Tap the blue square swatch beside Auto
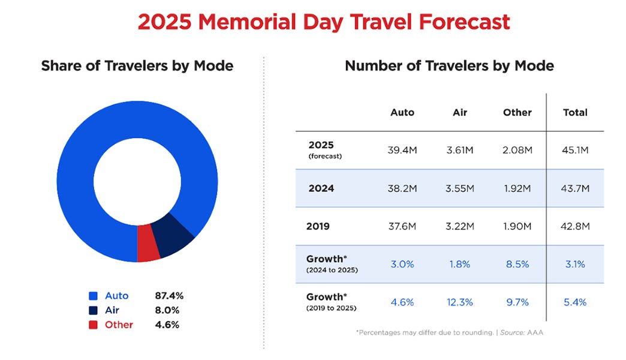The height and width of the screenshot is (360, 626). pos(93,296)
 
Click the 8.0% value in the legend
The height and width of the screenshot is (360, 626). pos(167,310)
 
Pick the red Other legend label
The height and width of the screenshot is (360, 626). pos(119,325)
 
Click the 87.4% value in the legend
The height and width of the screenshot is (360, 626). pos(168,296)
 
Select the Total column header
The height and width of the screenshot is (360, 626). pos(575,112)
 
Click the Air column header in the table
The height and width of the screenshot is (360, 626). pos(459,112)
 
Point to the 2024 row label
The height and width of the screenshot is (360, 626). pos(321,188)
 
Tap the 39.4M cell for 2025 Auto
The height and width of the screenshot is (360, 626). pos(402,150)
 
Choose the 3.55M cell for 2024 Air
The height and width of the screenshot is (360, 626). pos(459,188)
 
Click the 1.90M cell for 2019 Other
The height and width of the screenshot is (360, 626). pos(517,226)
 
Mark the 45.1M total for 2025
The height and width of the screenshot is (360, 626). pos(575,150)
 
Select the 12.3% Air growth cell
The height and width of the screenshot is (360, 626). pos(459,302)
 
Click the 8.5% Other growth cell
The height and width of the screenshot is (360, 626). pos(517,264)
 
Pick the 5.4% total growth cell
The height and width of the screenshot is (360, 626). pos(575,302)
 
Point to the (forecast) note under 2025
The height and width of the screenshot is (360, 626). pos(324,156)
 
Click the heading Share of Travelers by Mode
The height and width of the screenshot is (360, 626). pos(137,65)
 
